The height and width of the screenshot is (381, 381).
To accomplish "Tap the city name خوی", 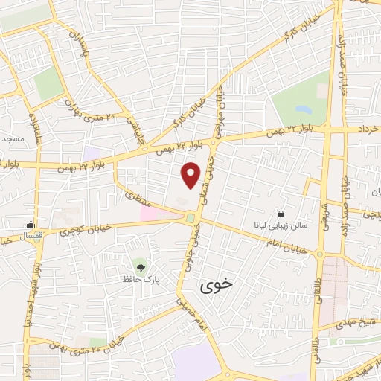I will [x=217, y=284].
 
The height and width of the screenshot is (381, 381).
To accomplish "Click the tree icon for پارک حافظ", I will [x=140, y=265].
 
